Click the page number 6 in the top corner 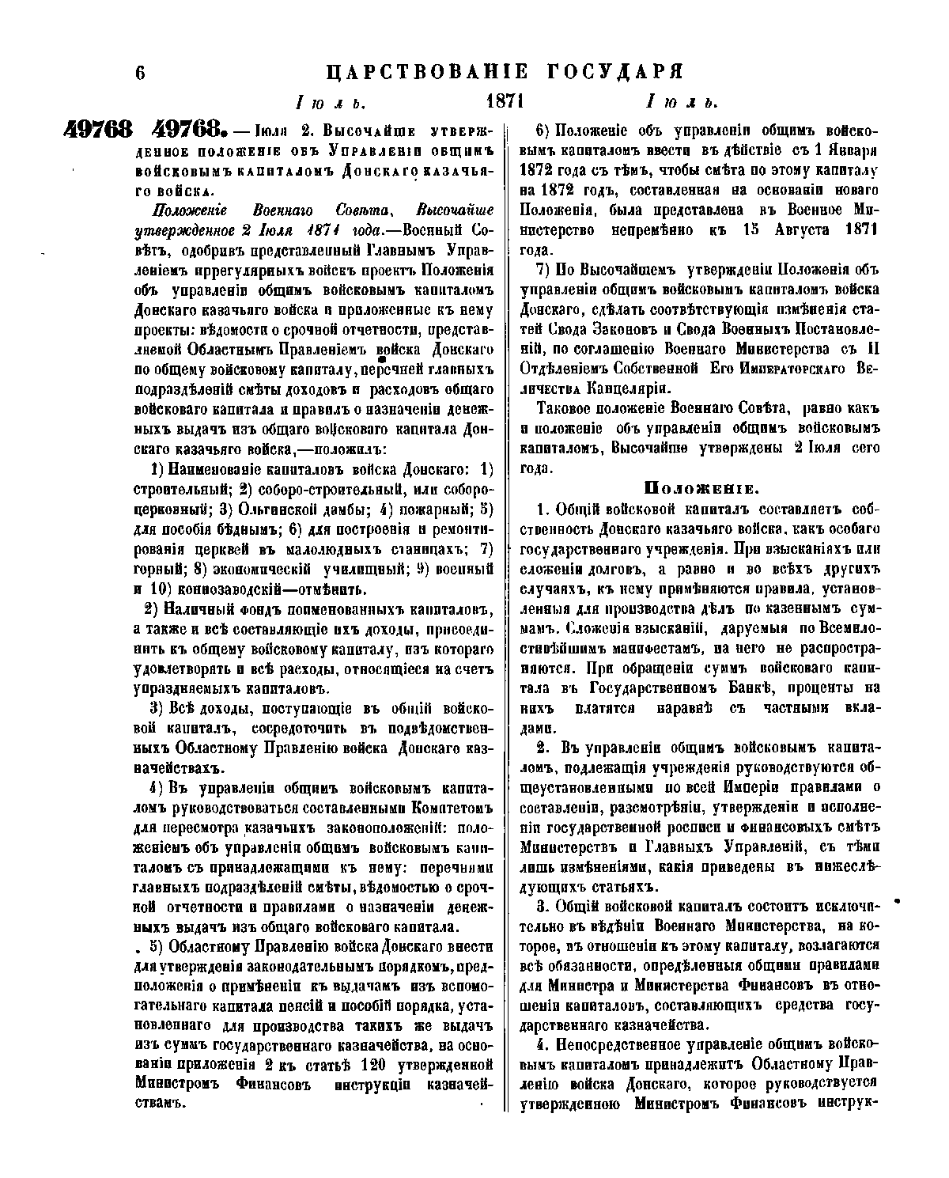click(141, 73)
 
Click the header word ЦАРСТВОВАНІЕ click(427, 73)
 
